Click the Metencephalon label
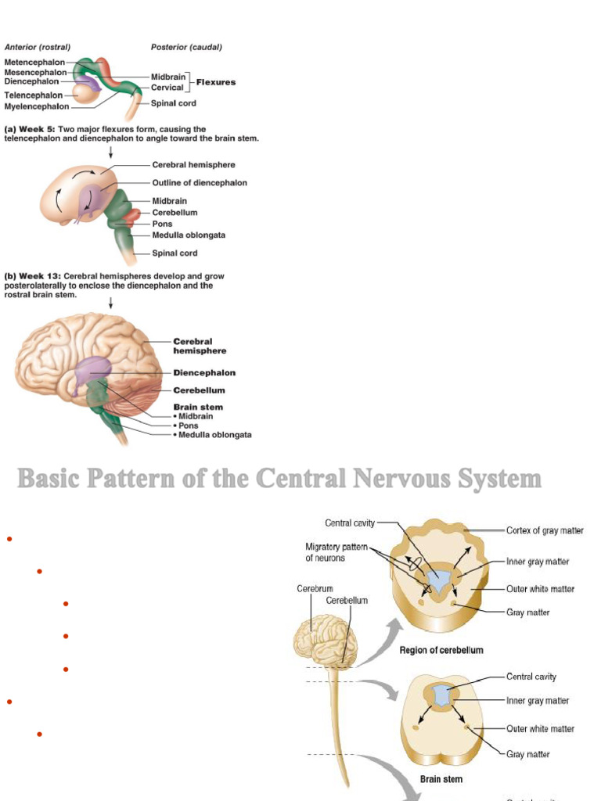tap(34, 62)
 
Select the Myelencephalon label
tap(36, 106)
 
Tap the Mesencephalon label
tap(35, 72)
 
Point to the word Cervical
tap(167, 88)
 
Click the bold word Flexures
tap(215, 82)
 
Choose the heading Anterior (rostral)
tap(38, 47)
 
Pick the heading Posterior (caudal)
tap(186, 47)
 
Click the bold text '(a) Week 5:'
tap(30, 129)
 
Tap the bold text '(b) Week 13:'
tap(33, 276)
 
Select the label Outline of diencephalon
tap(199, 183)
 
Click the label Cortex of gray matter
tap(545, 530)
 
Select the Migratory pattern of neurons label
tap(336, 552)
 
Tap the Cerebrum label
tap(315, 588)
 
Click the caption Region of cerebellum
tap(441, 650)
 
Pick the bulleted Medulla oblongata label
tap(214, 435)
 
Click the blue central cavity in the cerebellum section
tap(440, 580)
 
